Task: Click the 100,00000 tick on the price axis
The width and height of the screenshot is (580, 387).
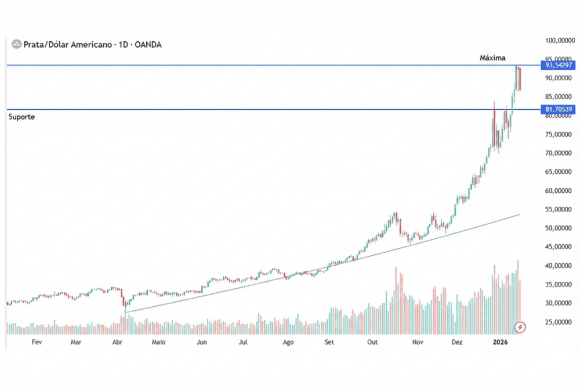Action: pos(560,41)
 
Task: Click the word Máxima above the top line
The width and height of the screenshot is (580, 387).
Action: pos(492,58)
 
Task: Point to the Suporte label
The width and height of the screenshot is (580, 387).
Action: pos(21,117)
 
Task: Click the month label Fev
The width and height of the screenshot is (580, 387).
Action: pos(37,342)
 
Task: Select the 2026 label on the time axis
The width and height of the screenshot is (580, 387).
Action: pos(500,342)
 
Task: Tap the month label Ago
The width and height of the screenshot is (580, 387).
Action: pos(288,342)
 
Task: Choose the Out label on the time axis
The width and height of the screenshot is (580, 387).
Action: pos(372,342)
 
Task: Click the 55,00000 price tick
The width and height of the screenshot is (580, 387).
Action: pos(560,209)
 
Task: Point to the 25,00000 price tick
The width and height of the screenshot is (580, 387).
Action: pos(560,322)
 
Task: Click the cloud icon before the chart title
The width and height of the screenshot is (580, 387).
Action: pos(16,44)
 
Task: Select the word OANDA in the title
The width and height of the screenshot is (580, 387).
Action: pos(148,44)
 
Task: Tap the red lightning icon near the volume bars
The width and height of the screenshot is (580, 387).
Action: pos(520,328)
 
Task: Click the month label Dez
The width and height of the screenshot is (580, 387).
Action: pos(457,342)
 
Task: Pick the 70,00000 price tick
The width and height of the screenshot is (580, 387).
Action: pos(560,153)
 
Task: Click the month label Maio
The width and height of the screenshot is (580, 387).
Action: pos(158,342)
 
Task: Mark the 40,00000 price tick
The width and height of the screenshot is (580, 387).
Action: pos(560,266)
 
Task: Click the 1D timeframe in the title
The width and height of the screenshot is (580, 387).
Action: pos(122,44)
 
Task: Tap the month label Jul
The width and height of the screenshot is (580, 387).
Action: pos(243,342)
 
